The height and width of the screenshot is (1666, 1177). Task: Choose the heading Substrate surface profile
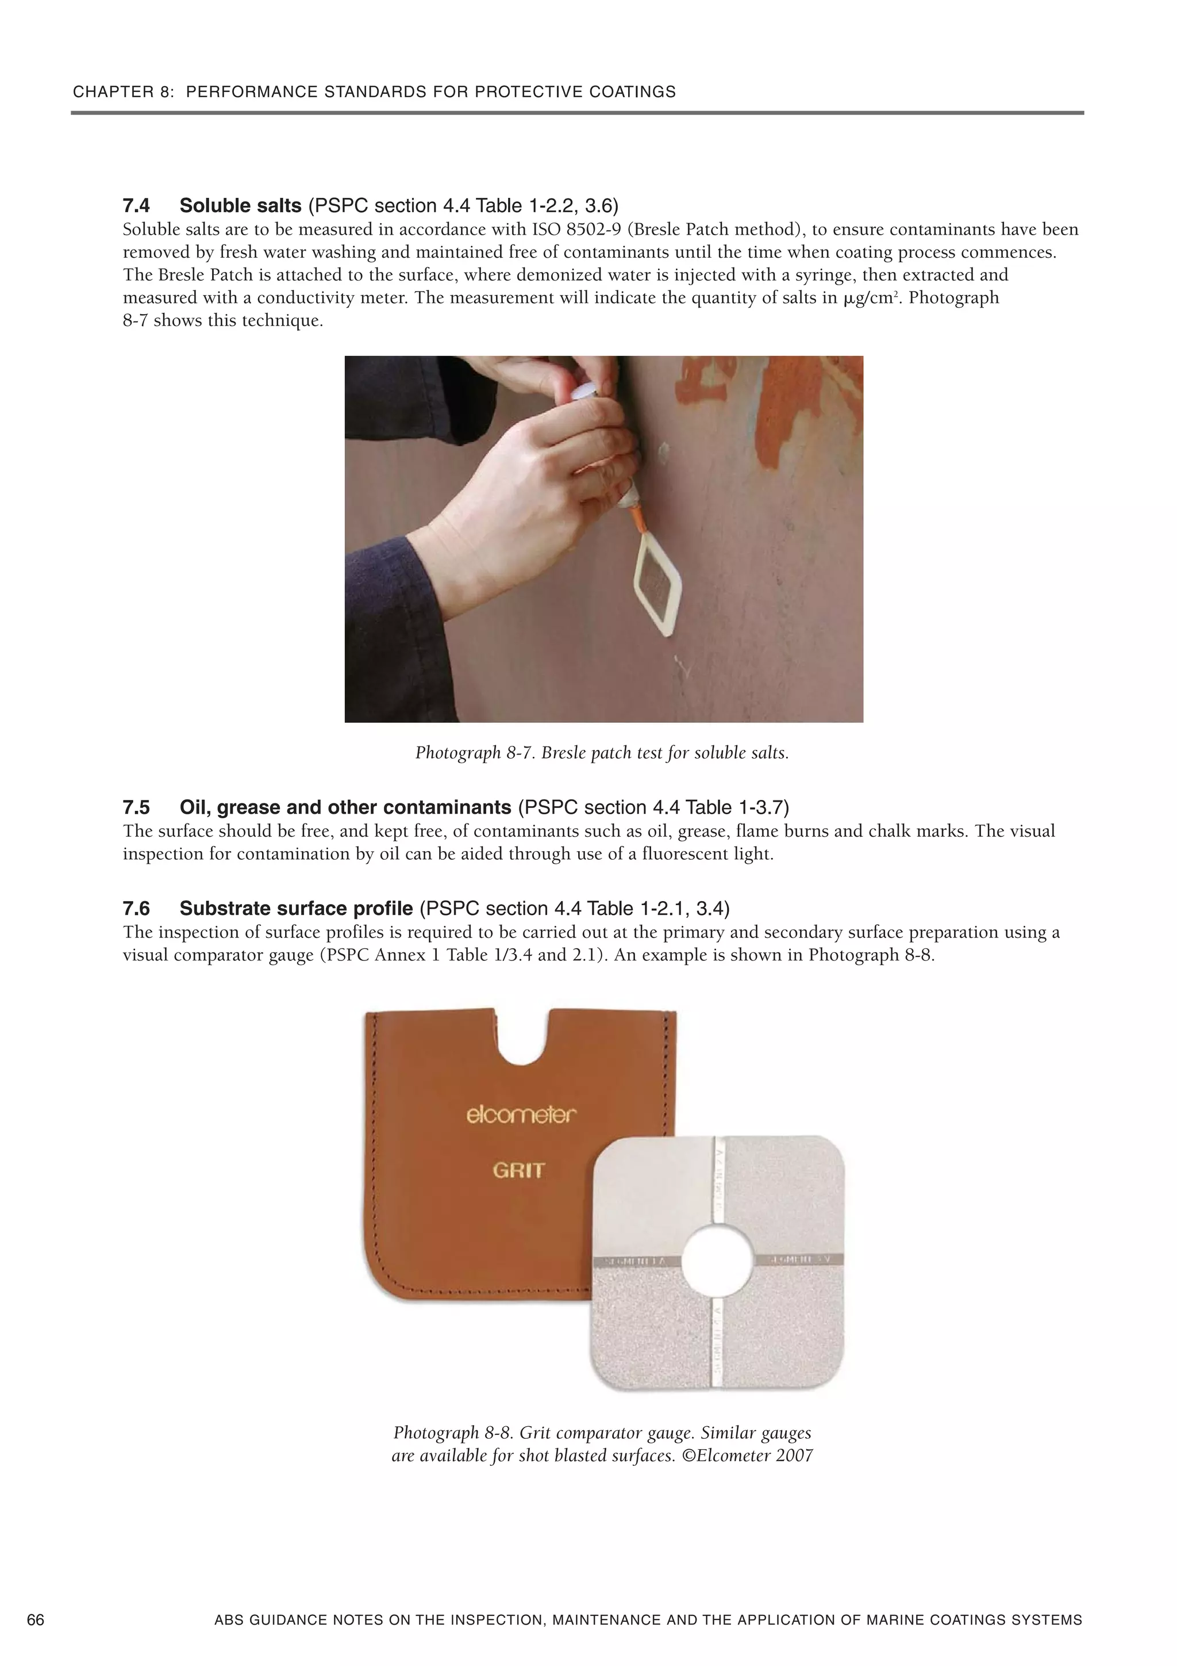click(296, 909)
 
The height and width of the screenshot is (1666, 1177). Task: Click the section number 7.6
click(136, 909)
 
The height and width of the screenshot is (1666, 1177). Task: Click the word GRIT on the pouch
click(518, 1170)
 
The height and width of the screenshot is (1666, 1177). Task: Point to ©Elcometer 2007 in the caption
click(754, 1456)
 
